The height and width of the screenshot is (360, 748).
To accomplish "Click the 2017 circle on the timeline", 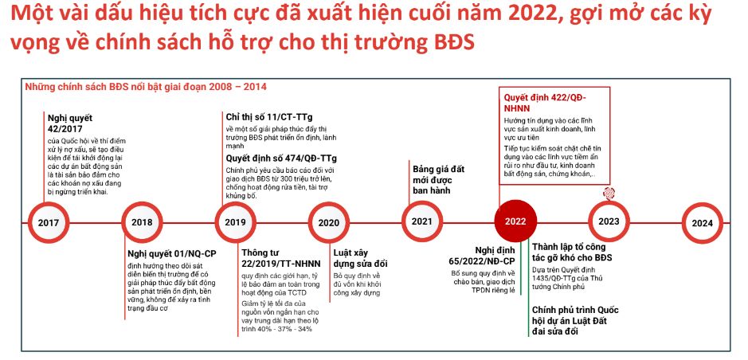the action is pos(49,223).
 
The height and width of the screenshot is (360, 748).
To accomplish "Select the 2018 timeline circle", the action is pos(142,222).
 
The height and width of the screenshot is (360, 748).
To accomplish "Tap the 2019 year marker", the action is pos(235,222).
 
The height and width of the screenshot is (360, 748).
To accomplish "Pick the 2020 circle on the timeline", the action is pos(329,223).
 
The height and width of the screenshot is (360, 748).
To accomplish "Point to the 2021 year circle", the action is pos(421,221).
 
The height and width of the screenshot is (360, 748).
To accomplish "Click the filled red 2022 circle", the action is pos(515,221).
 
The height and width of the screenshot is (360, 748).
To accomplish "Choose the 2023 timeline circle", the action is pos(609,221).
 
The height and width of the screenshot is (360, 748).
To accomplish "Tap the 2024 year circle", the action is pos(703,223).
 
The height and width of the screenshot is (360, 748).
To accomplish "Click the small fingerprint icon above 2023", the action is pos(609,193).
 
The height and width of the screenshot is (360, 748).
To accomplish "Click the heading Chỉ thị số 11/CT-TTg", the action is pos(269,117).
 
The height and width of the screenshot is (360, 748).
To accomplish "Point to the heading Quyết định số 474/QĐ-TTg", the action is pos(281,158).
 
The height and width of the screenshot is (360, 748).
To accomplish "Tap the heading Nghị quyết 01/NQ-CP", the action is pos(172,253).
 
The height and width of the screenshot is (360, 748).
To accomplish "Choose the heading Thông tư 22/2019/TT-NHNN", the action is pos(281,258).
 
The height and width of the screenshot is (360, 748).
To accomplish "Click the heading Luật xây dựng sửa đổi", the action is pos(360,258).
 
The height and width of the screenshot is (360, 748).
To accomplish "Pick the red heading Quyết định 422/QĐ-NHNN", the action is pos(545,103).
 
